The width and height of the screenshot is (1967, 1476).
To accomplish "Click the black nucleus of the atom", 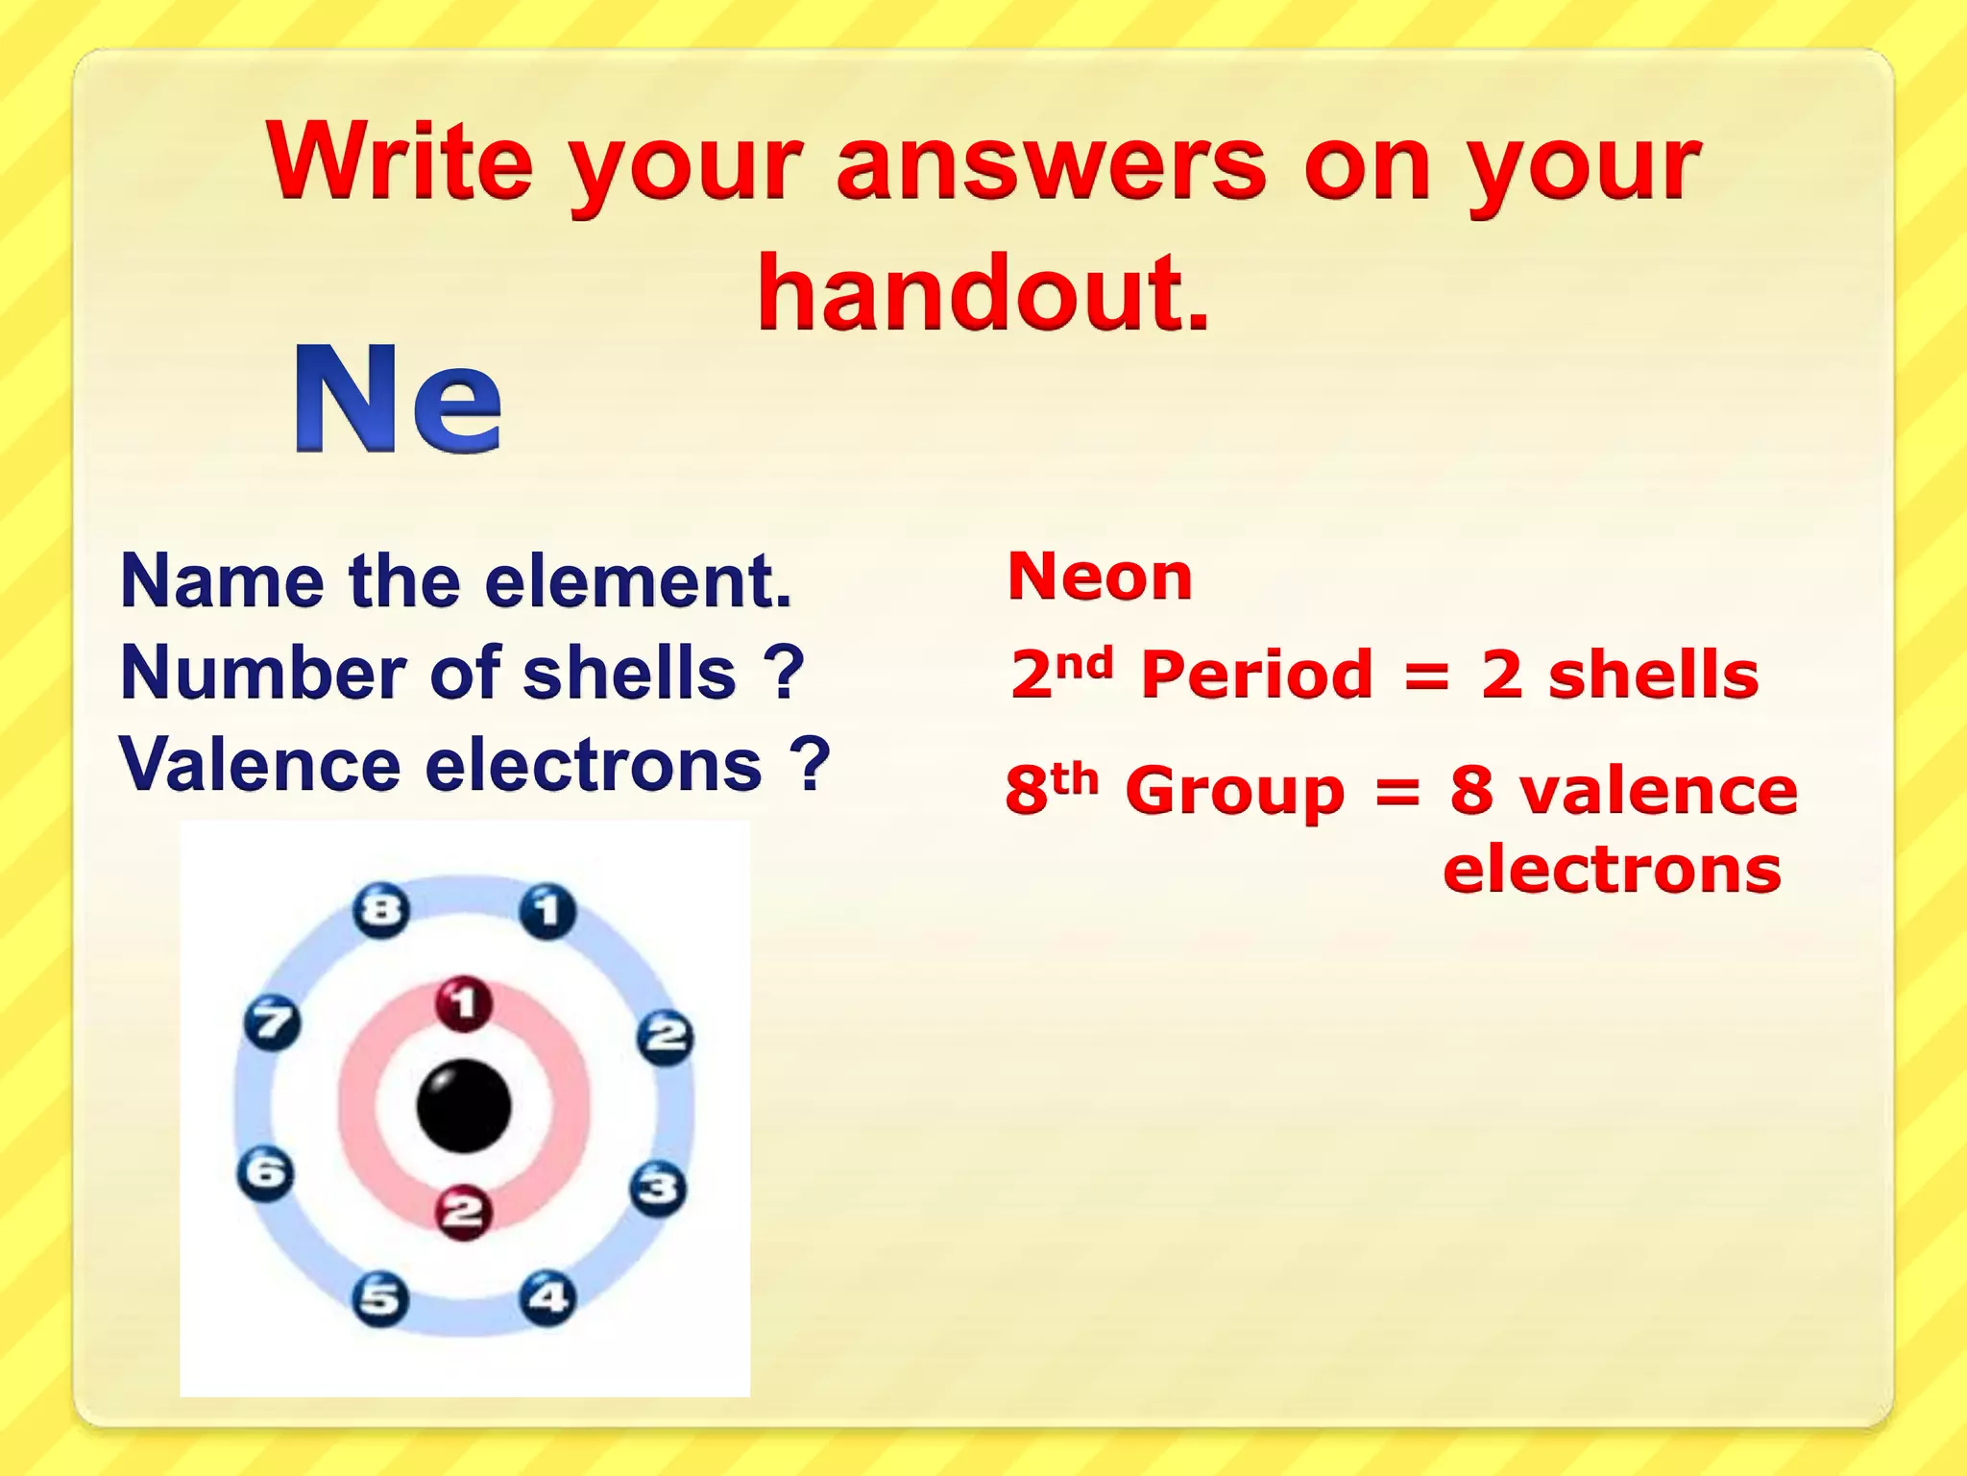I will pos(464,1106).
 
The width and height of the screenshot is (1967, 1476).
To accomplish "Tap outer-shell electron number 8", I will pos(381,909).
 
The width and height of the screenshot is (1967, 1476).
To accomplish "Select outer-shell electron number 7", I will pos(272,1022).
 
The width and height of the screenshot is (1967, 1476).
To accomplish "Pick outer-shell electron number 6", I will pos(266,1173).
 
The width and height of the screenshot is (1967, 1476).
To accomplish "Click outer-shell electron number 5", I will pos(380,1298).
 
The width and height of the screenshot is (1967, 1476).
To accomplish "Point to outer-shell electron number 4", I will pos(548,1297).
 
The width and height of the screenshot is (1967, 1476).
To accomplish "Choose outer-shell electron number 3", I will pos(659,1189).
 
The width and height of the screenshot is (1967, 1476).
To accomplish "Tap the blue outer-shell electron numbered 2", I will pos(667,1036).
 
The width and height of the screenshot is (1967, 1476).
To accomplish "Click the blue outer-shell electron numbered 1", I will pos(548,910).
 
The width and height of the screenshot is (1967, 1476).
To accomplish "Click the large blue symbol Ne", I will pos(398,398).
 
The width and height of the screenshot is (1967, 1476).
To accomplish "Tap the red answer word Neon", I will pos(1100,577).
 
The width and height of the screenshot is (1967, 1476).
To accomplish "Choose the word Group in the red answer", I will pos(1235,792).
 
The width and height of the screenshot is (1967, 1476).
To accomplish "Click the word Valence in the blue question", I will pos(259,766).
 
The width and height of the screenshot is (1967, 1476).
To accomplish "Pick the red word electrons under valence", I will pos(1612,870).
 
